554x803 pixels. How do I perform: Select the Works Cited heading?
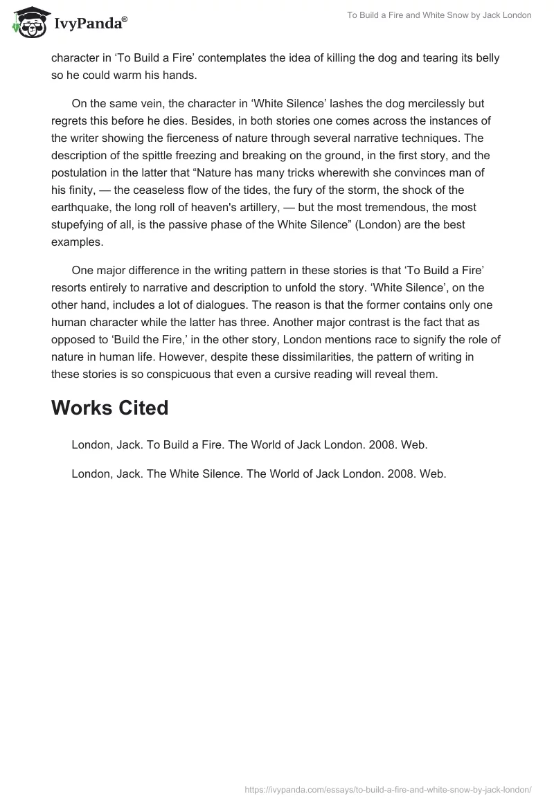pyautogui.click(x=109, y=408)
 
